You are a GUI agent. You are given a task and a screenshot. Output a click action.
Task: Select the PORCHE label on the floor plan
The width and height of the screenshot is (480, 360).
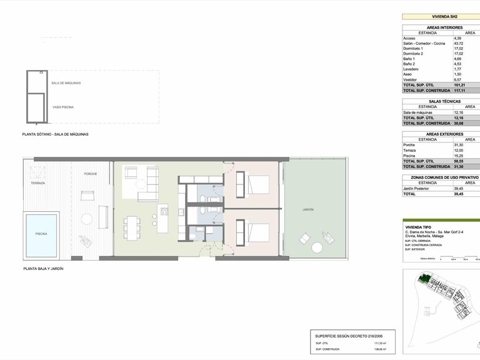91,174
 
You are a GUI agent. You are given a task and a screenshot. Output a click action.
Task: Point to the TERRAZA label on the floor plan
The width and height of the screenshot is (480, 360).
38,183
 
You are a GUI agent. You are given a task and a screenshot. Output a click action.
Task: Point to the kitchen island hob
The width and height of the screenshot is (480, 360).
164,211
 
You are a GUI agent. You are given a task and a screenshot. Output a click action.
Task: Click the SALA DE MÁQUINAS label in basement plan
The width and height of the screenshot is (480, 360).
66,82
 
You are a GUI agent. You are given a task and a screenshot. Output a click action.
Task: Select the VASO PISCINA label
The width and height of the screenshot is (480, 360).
63,107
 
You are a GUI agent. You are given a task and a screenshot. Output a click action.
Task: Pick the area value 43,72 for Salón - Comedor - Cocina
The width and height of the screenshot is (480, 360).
457,43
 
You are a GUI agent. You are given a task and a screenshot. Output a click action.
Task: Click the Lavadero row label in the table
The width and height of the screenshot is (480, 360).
412,69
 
